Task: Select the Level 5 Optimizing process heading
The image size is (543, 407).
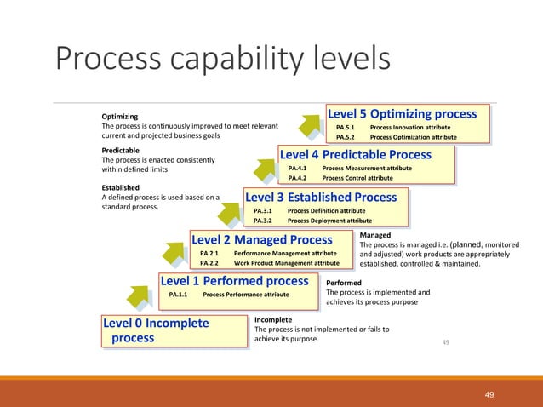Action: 402,114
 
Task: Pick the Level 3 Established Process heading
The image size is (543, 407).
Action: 321,198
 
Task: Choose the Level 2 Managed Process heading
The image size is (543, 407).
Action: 261,240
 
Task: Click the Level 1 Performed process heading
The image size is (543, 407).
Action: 234,281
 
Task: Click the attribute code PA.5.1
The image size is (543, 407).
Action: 346,128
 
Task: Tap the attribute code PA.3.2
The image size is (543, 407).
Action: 264,221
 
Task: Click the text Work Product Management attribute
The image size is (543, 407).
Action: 286,263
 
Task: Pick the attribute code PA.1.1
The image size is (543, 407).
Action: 179,295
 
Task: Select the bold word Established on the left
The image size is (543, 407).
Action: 123,187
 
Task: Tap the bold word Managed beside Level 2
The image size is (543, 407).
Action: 375,234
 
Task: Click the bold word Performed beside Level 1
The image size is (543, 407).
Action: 344,283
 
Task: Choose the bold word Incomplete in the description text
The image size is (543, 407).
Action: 273,319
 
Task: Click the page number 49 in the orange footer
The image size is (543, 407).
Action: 489,394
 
